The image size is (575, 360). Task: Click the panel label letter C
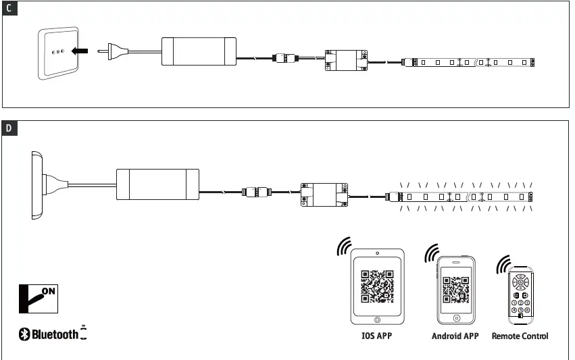[x=9, y=9]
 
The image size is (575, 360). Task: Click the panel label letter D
[x=9, y=128]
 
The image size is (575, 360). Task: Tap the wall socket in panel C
[x=57, y=53]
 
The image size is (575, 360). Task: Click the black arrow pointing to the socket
[x=80, y=50]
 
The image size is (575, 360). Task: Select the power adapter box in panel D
[x=158, y=184]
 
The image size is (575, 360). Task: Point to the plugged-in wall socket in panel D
[x=36, y=184]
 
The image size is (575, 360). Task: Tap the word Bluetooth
[x=55, y=334]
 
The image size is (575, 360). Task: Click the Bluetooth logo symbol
[x=24, y=334]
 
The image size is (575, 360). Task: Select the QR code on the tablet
[x=377, y=286]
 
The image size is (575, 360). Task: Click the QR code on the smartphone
[x=456, y=289]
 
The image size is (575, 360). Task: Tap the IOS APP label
[x=377, y=336]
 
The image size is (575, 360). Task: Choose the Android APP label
[x=455, y=336]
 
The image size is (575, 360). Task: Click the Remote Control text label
[x=520, y=336]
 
